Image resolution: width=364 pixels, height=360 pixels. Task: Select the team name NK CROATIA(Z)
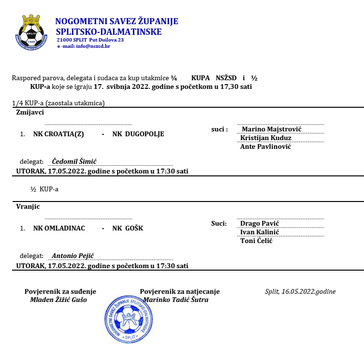58,134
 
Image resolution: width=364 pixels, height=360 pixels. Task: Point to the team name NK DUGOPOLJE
138,134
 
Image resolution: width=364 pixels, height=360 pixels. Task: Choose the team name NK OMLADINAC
59,228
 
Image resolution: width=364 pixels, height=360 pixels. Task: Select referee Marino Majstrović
271,129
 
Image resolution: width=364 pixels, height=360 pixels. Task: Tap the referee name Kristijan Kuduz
266,138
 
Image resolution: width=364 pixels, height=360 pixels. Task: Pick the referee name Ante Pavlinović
265,146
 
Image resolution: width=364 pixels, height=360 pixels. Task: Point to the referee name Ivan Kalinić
260,232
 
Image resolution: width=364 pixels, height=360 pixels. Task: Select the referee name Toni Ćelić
256,241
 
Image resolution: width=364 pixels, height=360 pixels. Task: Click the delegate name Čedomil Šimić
74,162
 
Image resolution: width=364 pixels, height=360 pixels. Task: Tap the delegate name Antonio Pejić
73,256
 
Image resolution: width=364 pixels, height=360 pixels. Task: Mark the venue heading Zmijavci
30,112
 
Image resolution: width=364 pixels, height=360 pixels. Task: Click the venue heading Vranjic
28,206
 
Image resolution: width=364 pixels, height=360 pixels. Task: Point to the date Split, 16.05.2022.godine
300,291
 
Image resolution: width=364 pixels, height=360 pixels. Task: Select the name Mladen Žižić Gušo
60,299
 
